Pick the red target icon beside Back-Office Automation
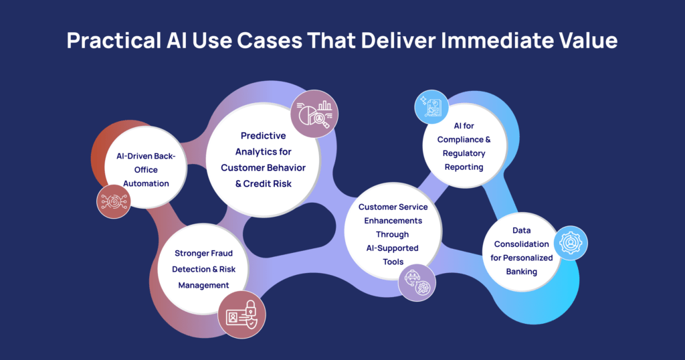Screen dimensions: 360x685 coord(113,201)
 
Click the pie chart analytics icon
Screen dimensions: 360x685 coord(314,113)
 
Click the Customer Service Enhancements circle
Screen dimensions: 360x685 coord(393,233)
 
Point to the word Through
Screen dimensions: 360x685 coord(393,235)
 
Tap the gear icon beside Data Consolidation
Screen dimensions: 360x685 coord(570,242)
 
